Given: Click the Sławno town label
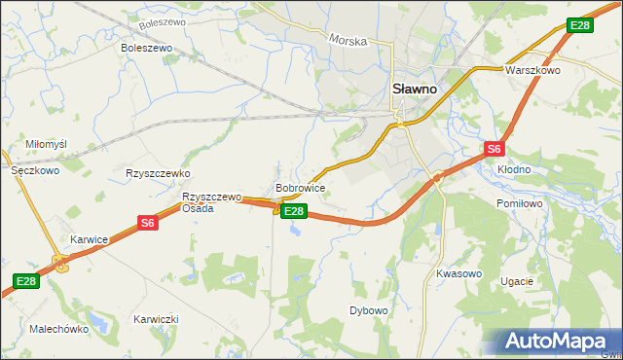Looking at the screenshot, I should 414,88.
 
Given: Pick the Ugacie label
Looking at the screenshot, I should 516,281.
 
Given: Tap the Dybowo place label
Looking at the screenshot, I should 369,310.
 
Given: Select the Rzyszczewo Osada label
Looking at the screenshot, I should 211,202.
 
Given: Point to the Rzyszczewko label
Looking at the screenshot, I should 157,173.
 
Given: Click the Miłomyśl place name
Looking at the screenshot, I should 46,144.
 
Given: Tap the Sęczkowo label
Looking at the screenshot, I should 35,169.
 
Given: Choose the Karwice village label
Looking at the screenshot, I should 89,238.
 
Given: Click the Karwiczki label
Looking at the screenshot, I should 156,319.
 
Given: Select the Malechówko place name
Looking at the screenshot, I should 59,329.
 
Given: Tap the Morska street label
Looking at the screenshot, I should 348,41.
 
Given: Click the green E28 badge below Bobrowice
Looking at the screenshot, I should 295,211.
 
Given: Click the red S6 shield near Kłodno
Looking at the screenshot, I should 494,149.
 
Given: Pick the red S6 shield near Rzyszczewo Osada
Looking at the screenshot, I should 147,223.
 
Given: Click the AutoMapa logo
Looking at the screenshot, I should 559,342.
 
